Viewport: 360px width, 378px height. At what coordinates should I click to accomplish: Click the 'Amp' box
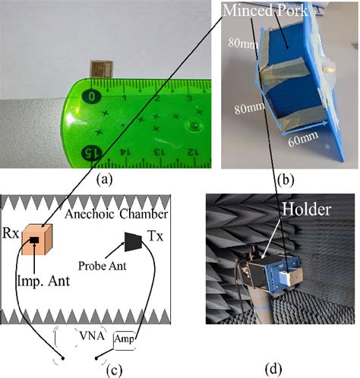pos(125,339)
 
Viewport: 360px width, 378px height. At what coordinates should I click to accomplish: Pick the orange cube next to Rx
pos(38,241)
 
